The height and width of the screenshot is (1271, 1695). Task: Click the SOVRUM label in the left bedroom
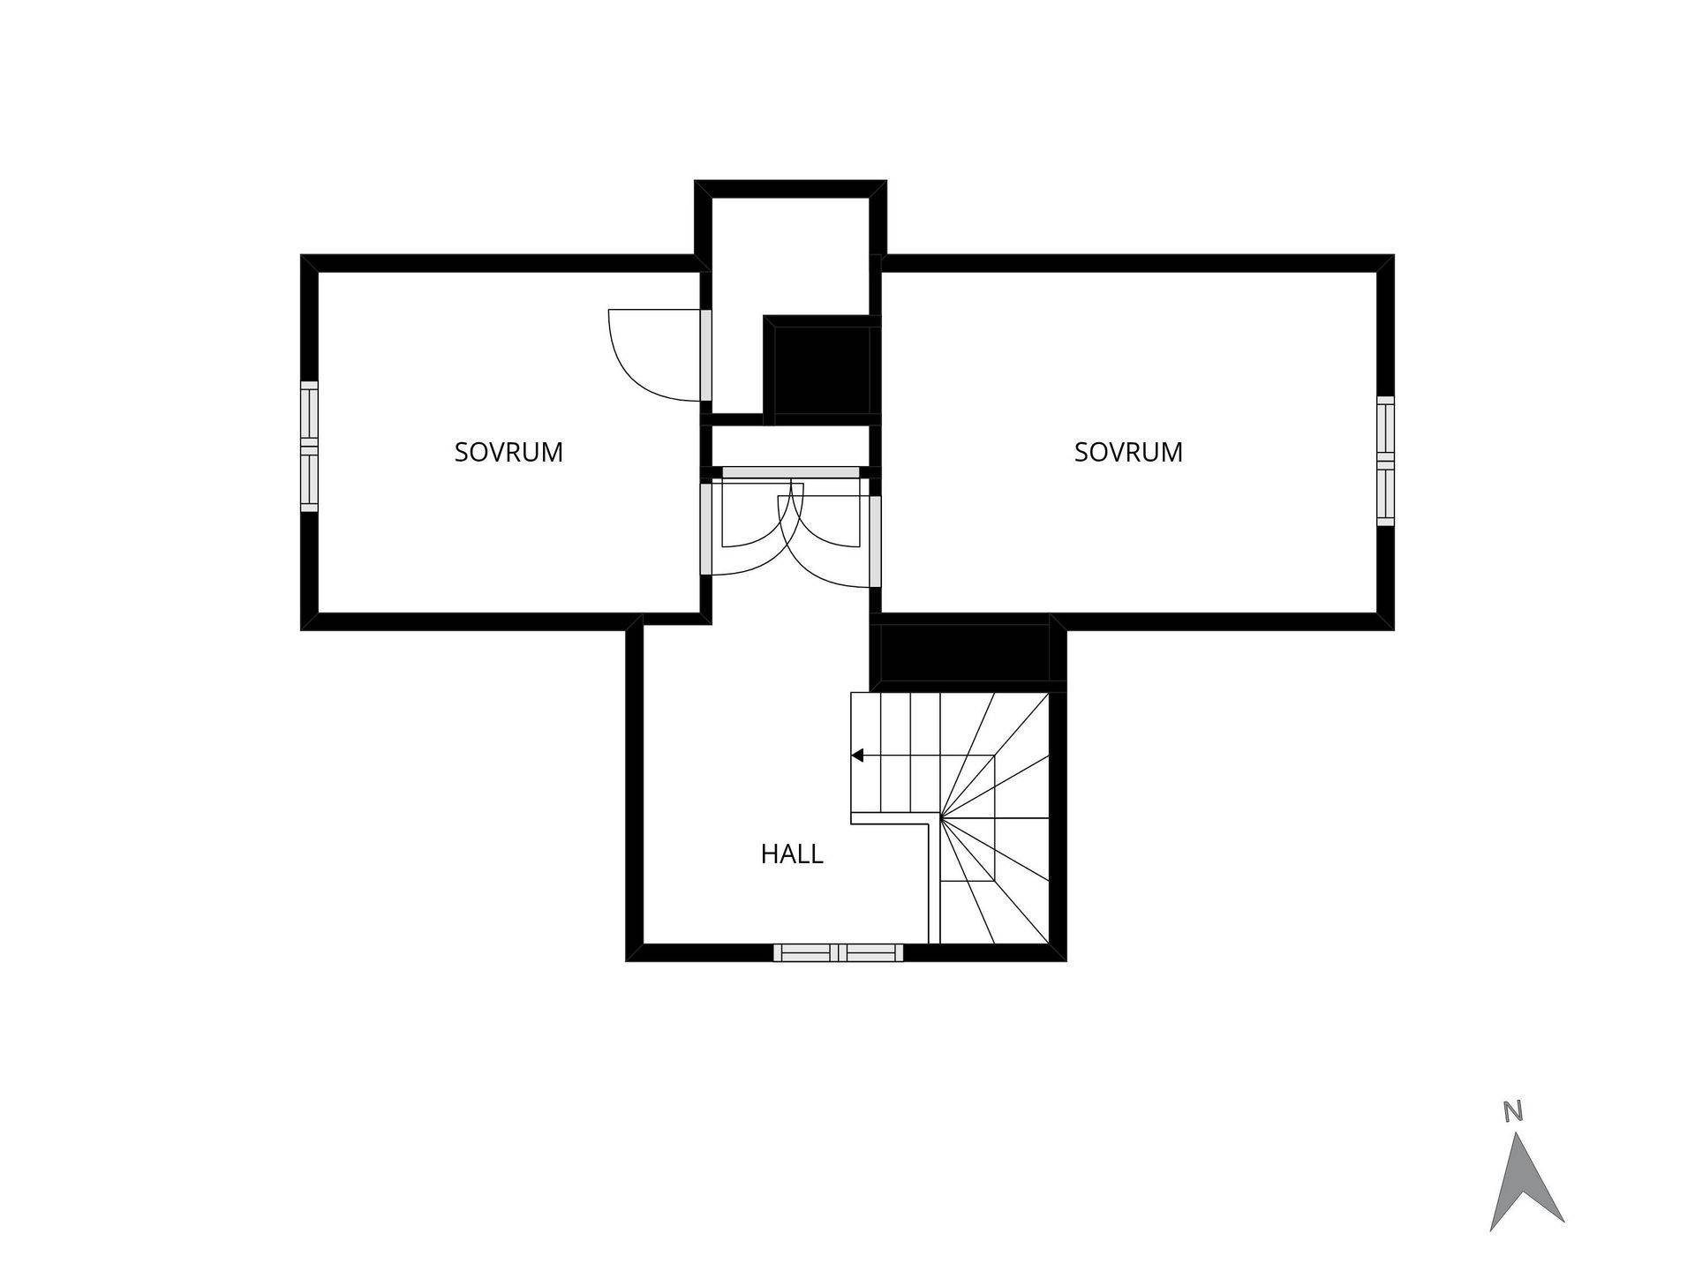pyautogui.click(x=508, y=452)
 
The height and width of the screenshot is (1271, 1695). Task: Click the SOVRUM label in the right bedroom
pyautogui.click(x=1128, y=452)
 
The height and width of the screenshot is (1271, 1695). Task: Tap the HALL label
pyautogui.click(x=792, y=854)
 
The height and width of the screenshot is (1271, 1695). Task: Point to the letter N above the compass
pyautogui.click(x=1513, y=1111)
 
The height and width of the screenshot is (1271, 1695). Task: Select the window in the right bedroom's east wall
pyautogui.click(x=1386, y=461)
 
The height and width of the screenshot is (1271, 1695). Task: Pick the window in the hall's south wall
pyautogui.click(x=839, y=952)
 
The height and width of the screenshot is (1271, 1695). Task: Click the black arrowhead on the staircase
pyautogui.click(x=857, y=756)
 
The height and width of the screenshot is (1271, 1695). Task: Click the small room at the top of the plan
pyautogui.click(x=790, y=256)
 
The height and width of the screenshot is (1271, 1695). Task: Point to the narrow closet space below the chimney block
pyautogui.click(x=791, y=446)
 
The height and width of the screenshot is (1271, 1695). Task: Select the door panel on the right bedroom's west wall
pyautogui.click(x=875, y=541)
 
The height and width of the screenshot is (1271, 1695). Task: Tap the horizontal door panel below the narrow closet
pyautogui.click(x=791, y=473)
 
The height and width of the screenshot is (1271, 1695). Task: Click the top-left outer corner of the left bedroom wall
pyautogui.click(x=301, y=255)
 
